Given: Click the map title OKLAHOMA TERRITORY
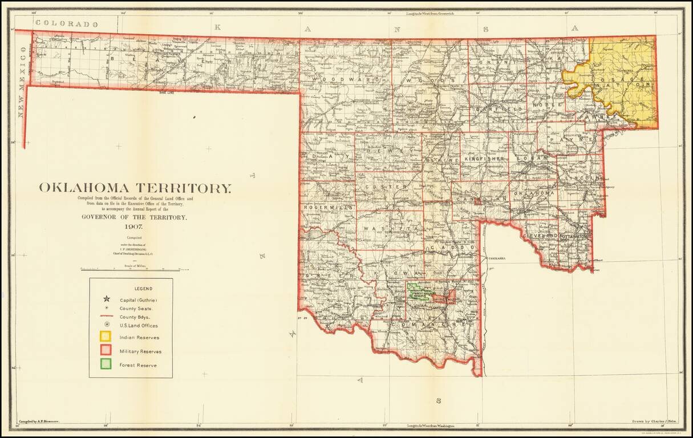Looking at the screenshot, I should coord(136,188).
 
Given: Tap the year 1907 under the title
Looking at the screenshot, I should coord(135,226).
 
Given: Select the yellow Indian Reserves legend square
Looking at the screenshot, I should coord(106,337).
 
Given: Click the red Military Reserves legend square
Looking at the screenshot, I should coord(106,351).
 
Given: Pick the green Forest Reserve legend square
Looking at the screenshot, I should coord(106,364).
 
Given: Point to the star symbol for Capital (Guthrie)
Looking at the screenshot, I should coord(106,299).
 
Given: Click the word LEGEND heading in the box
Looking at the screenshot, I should coord(131,289).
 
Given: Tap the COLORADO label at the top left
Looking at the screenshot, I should coord(66,24).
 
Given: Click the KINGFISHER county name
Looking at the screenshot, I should coord(484,158).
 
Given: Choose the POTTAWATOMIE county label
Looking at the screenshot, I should coord(576,236).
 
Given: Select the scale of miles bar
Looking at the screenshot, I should coord(135,269).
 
